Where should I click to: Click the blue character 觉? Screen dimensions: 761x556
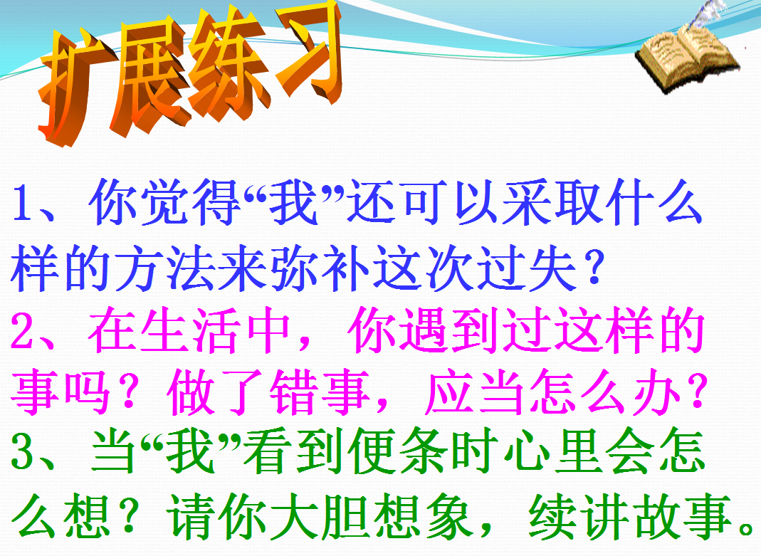[165, 202]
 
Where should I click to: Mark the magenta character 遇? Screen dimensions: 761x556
[425, 330]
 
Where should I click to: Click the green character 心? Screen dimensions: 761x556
[528, 451]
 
